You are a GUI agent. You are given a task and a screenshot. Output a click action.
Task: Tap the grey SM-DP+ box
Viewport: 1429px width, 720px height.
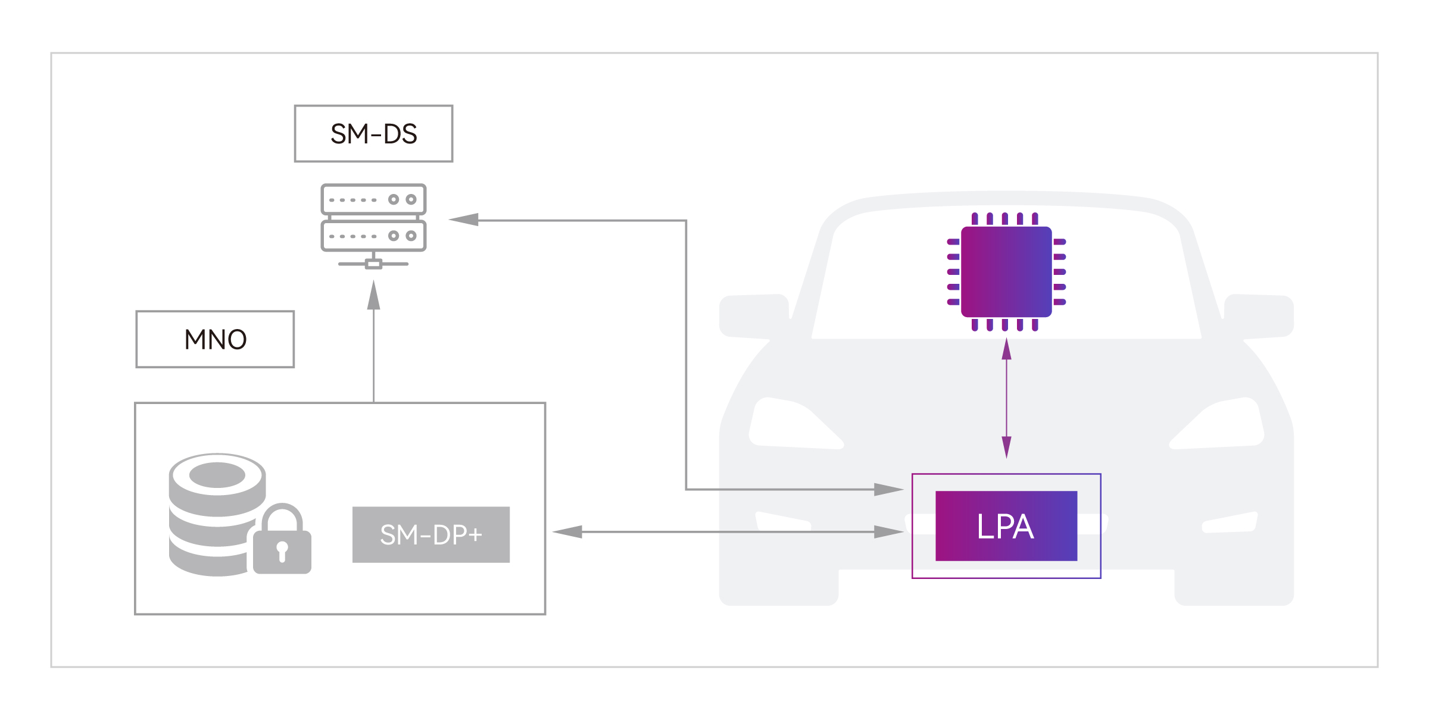pyautogui.click(x=431, y=534)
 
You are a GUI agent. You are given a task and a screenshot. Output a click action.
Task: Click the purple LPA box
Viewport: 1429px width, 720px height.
pyautogui.click(x=1006, y=526)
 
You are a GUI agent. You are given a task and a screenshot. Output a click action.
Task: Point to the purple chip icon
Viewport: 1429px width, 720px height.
pyautogui.click(x=1006, y=272)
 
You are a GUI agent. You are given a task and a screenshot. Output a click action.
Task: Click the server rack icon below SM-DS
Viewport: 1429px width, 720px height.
pyautogui.click(x=373, y=226)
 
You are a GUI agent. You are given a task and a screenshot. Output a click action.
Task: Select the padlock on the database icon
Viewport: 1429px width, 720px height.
pyautogui.click(x=282, y=539)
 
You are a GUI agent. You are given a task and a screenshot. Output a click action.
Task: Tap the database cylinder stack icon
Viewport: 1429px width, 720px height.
pyautogui.click(x=217, y=515)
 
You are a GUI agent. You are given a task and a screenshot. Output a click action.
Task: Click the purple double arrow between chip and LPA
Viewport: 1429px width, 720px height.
pyautogui.click(x=1006, y=398)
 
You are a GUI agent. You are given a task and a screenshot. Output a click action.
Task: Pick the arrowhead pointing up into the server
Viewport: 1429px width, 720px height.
pyautogui.click(x=373, y=295)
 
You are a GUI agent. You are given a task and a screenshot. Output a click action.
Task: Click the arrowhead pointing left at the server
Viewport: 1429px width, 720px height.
pyautogui.click(x=464, y=220)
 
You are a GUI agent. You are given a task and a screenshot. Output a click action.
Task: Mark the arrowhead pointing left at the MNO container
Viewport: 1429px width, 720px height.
pyautogui.click(x=567, y=532)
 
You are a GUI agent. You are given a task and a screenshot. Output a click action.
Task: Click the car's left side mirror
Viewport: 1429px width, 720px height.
pyautogui.click(x=754, y=316)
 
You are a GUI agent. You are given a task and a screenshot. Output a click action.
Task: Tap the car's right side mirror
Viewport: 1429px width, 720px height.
pyautogui.click(x=1259, y=316)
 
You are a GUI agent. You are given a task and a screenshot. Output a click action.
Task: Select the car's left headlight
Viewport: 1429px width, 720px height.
pyautogui.click(x=795, y=423)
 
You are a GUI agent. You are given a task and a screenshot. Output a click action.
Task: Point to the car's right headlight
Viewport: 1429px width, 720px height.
pyautogui.click(x=1217, y=423)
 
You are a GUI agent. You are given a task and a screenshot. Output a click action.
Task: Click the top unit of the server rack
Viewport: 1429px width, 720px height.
pyautogui.click(x=373, y=199)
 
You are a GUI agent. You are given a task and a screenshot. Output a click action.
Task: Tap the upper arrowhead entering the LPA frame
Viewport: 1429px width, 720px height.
pyautogui.click(x=889, y=490)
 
